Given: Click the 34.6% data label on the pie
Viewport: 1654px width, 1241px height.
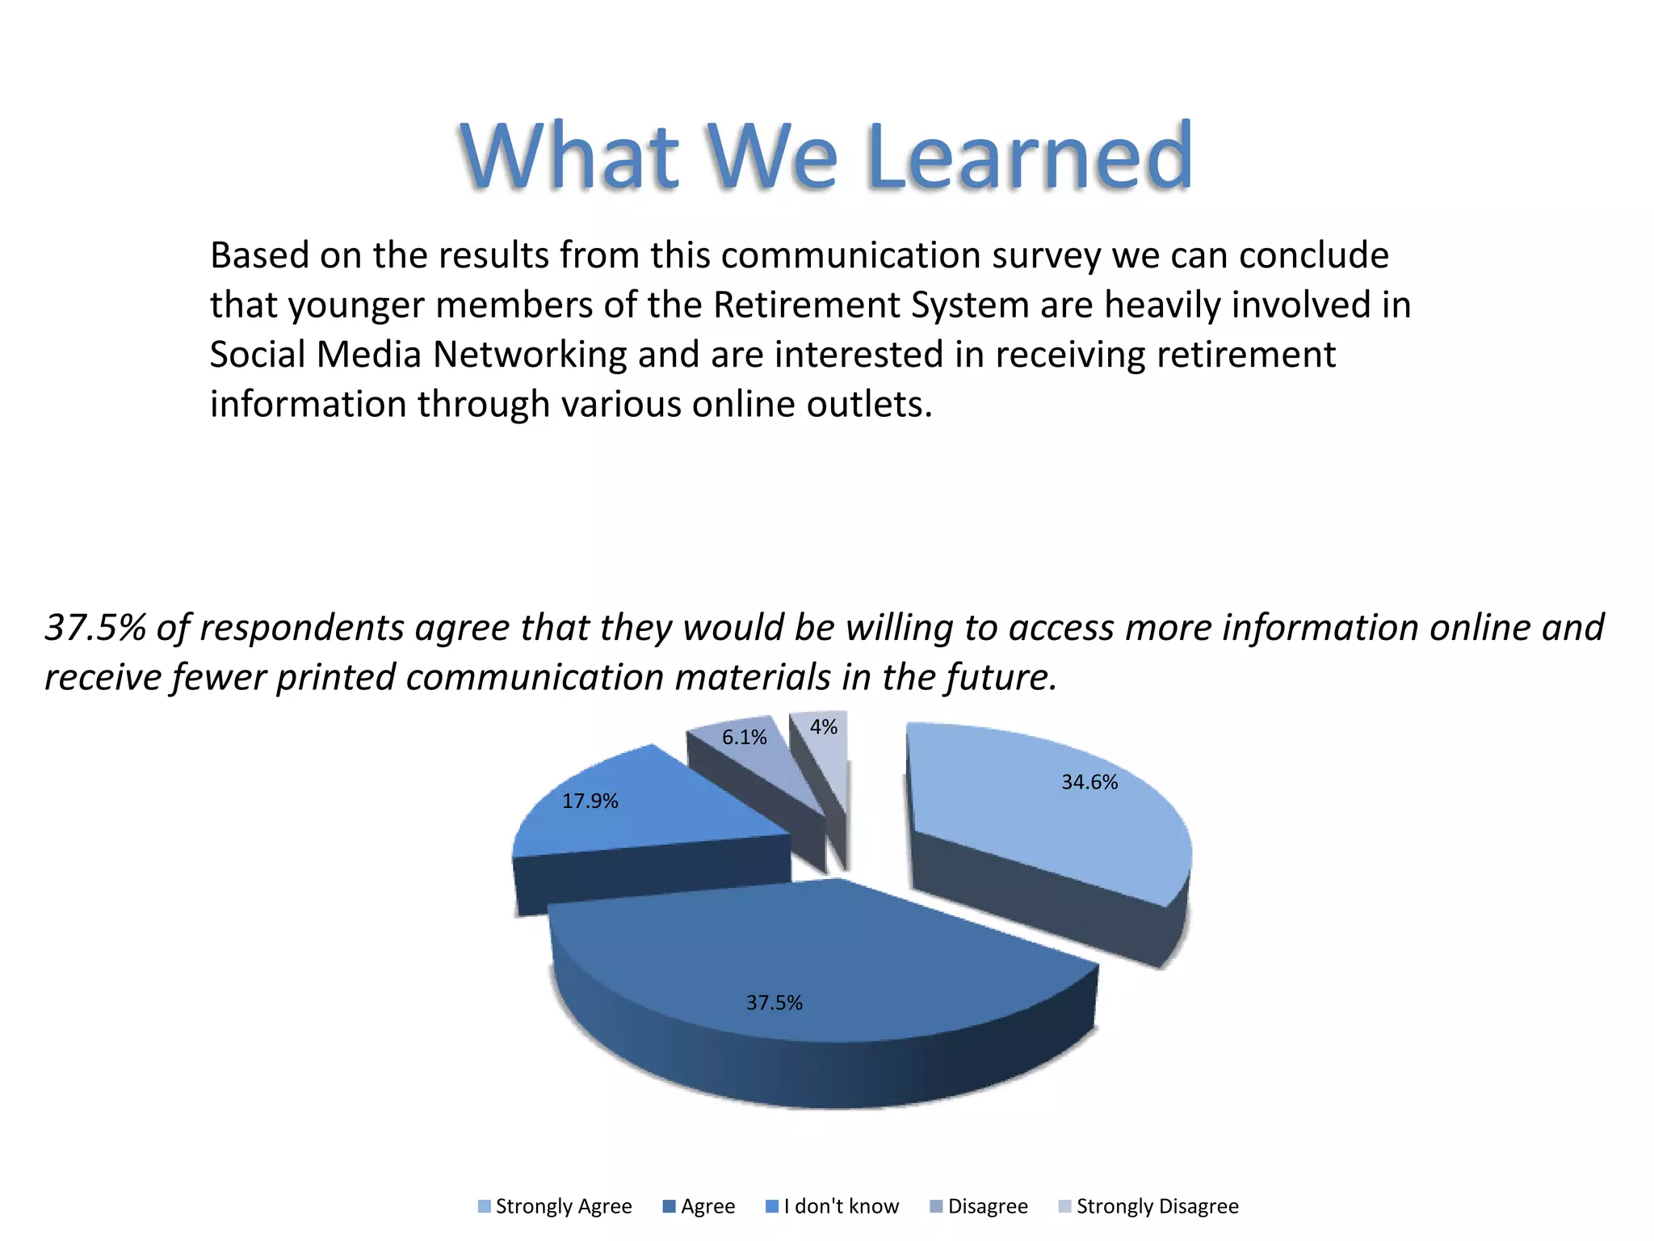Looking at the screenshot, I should pos(1089,782).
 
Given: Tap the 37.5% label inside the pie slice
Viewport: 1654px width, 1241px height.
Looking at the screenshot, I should pos(774,1003).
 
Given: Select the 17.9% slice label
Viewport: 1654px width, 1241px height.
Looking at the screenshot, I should pos(590,801).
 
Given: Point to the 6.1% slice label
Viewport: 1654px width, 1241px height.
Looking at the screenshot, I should pos(744,737).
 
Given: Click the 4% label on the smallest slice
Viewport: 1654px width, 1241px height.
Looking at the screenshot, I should pos(823,726).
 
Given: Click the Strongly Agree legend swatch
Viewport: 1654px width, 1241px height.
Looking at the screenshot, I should pos(485,1206).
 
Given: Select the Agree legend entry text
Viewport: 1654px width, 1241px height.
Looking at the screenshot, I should pos(707,1206).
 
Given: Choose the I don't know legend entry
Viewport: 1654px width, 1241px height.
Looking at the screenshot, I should pos(841,1206).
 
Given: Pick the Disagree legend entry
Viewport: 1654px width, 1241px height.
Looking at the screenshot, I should pos(987,1206).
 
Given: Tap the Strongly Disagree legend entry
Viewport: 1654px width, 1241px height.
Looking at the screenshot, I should pos(1157,1206).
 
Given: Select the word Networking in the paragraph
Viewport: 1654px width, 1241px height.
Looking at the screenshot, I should pos(529,355).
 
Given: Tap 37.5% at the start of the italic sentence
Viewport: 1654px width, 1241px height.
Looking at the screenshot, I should pos(94,628).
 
